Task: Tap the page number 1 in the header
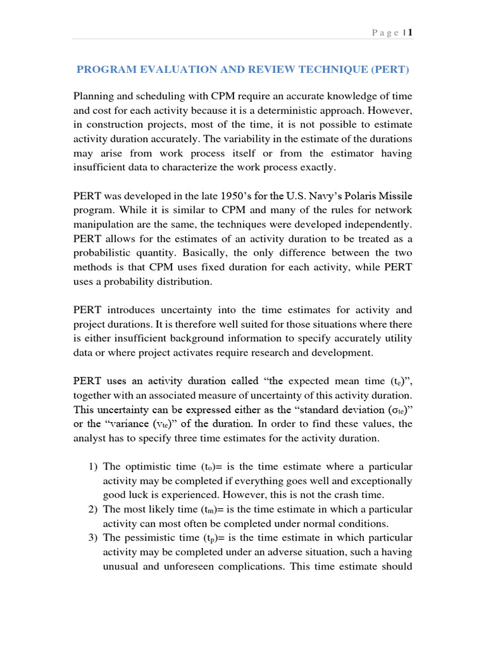coord(411,33)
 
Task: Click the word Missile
coord(394,197)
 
